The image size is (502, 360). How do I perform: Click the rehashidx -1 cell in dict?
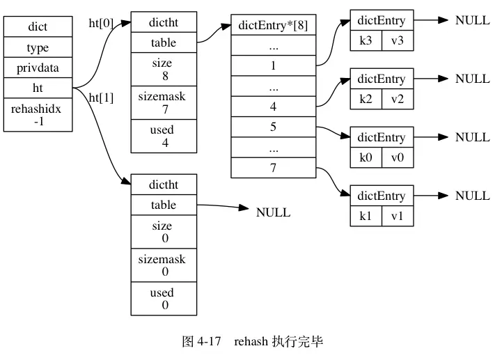pos(38,115)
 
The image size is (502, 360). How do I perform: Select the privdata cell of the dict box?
pos(38,68)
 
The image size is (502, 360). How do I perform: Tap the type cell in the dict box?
pos(38,47)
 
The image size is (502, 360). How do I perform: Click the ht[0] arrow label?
pos(101,23)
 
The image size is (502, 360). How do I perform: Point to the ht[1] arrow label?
pos(101,97)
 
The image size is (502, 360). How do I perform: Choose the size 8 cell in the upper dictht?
pos(164,69)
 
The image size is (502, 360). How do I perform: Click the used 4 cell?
pos(164,136)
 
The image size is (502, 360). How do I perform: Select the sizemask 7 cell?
pos(164,103)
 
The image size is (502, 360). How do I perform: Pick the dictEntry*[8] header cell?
pos(274,24)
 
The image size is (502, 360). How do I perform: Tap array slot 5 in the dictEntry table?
pos(274,127)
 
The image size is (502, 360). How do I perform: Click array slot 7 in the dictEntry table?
pos(274,168)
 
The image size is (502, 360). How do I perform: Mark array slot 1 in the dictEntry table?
pos(274,65)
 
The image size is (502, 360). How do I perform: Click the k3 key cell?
pos(366,40)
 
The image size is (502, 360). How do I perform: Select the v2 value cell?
pos(398,100)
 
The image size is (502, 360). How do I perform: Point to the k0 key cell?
pos(366,157)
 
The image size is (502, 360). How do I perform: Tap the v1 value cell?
pos(398,216)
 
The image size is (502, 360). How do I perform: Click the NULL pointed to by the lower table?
pos(273,212)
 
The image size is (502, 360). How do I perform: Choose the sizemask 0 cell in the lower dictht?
pos(164,265)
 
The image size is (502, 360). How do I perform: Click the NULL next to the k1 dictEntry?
pos(473,196)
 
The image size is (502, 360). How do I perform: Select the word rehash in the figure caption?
pos(251,341)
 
